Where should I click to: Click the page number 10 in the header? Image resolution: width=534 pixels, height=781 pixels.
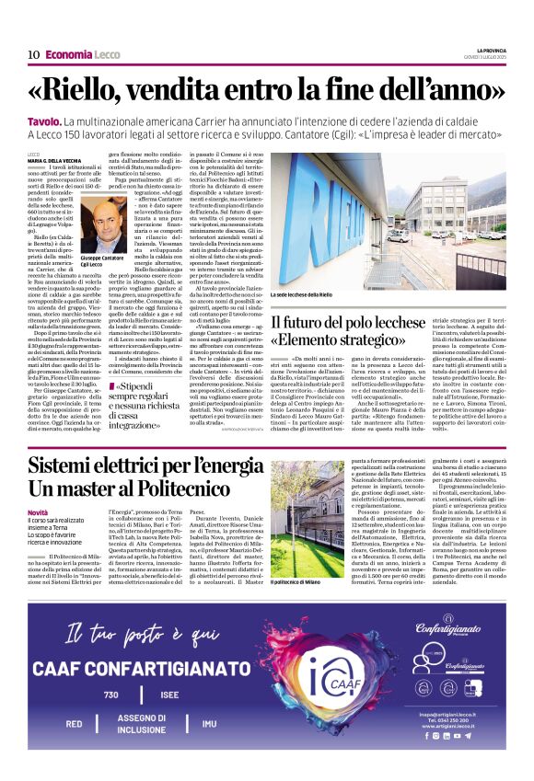point(33,54)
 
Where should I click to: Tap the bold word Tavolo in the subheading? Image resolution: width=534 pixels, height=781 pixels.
point(42,121)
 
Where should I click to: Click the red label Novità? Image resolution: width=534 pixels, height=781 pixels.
point(38,512)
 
